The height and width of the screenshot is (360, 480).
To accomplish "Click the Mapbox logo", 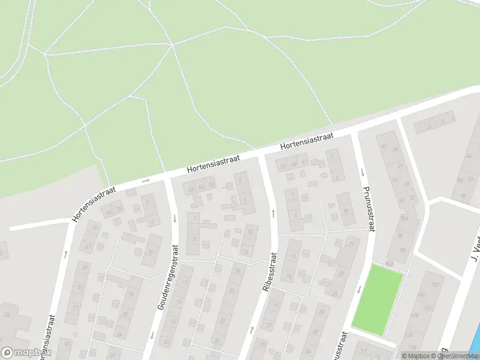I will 25,353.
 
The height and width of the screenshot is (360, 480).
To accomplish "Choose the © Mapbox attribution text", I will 415,356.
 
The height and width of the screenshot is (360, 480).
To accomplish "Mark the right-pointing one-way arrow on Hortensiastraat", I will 146,180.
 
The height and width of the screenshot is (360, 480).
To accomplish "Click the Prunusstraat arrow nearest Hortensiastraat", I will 362,172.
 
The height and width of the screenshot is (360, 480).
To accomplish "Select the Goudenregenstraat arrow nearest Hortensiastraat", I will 175,218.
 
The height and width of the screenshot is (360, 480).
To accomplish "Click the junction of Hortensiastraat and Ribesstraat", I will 262,155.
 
